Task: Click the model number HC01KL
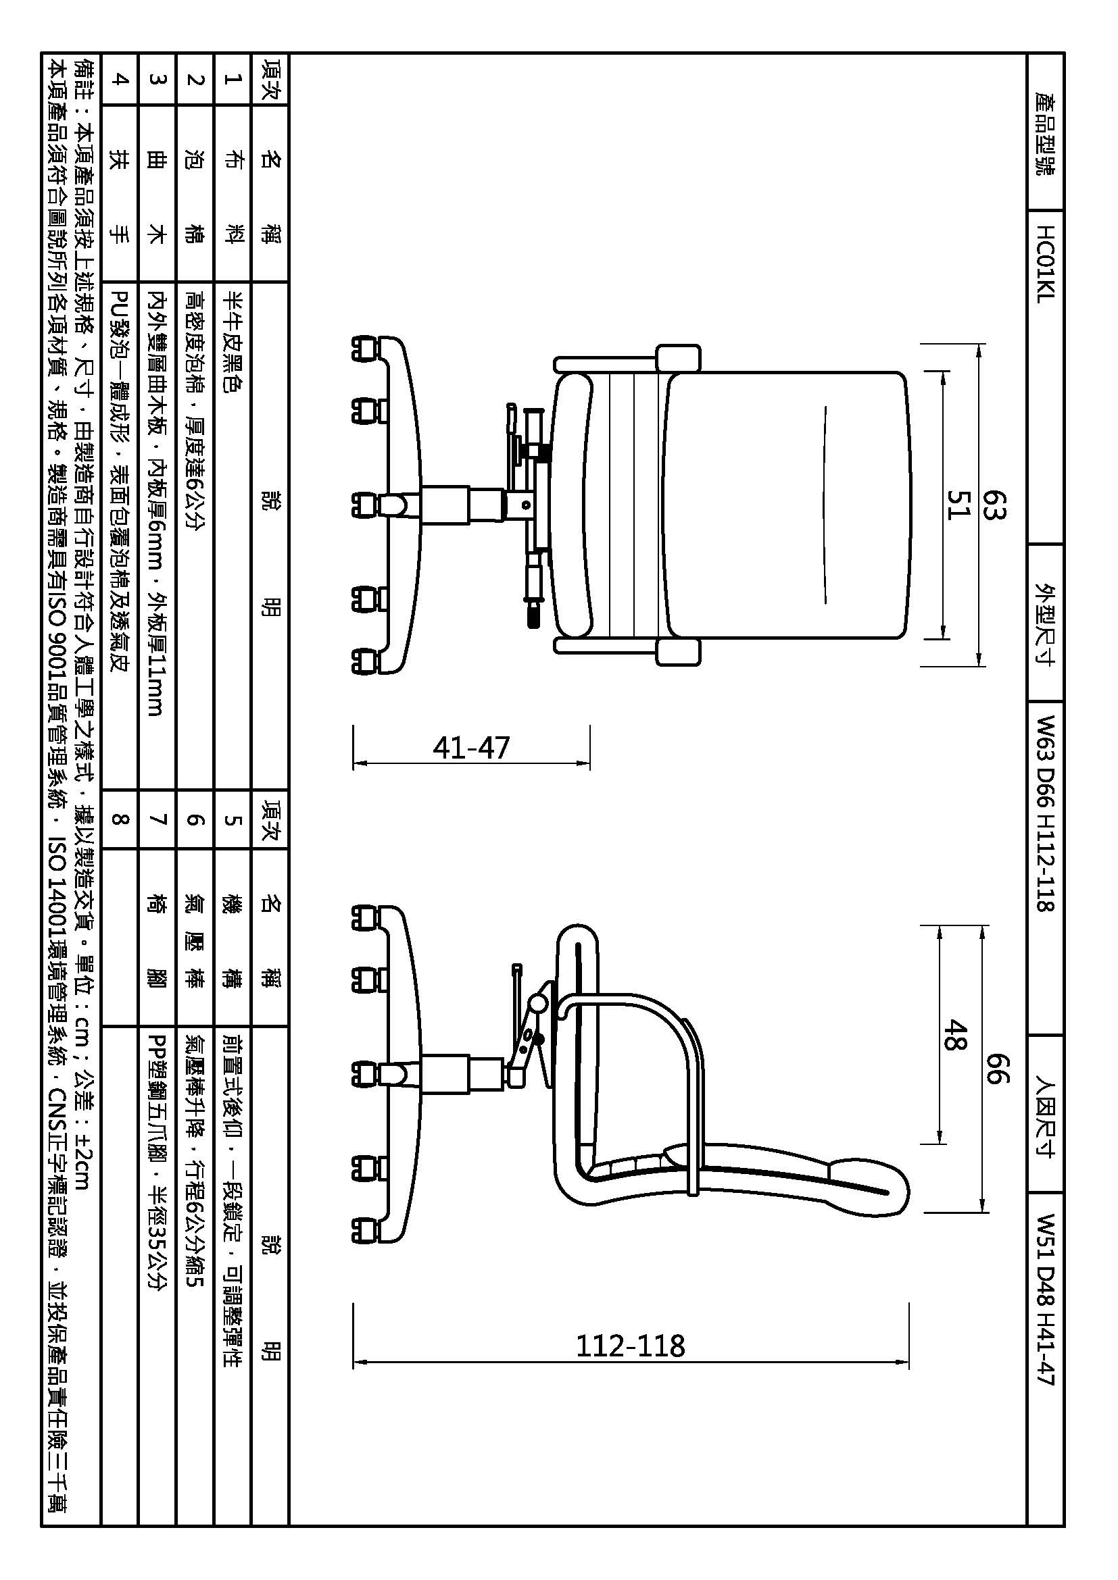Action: (1045, 264)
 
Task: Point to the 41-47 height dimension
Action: (471, 747)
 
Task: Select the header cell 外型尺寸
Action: (1045, 623)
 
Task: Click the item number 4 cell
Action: (120, 79)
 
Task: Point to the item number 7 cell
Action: (157, 819)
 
